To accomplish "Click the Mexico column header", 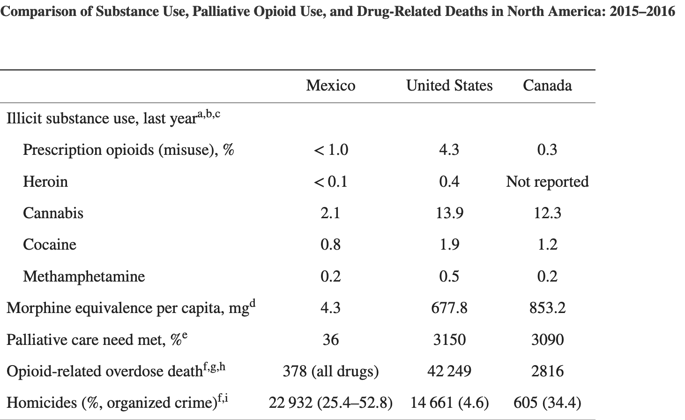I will [330, 85].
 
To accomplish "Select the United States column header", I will [449, 85].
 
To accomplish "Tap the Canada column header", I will [547, 85].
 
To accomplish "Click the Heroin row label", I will [45, 182].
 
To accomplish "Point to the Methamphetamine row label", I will [84, 276].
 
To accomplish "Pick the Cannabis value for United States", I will [449, 213].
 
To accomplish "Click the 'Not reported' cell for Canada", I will [547, 182].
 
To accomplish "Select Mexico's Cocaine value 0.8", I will [330, 244].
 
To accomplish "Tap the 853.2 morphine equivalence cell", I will [547, 308].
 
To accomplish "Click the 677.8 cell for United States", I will [449, 308].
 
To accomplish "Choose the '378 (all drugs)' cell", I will [330, 371].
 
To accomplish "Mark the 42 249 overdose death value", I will [449, 371].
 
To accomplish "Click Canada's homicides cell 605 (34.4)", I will [547, 403].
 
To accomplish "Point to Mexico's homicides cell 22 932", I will [330, 403].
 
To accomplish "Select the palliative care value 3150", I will [449, 339].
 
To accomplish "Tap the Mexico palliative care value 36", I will [330, 339].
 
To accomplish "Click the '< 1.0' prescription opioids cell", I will [330, 150].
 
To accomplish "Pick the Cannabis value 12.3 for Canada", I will [547, 213].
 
